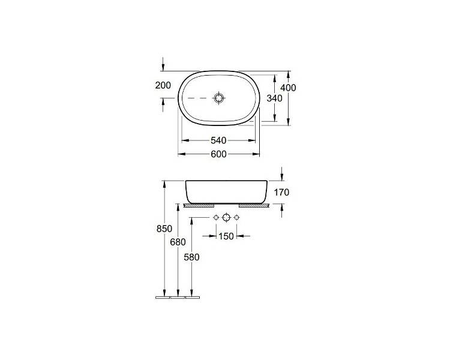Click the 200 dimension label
[x=163, y=85]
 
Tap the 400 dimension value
[x=288, y=88]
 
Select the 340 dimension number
[x=275, y=98]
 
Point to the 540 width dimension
[x=218, y=140]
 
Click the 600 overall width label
[x=218, y=154]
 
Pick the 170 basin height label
[x=281, y=193]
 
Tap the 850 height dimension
[x=164, y=229]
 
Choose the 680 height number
[x=178, y=242]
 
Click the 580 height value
[x=191, y=257]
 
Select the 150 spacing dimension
[x=226, y=236]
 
